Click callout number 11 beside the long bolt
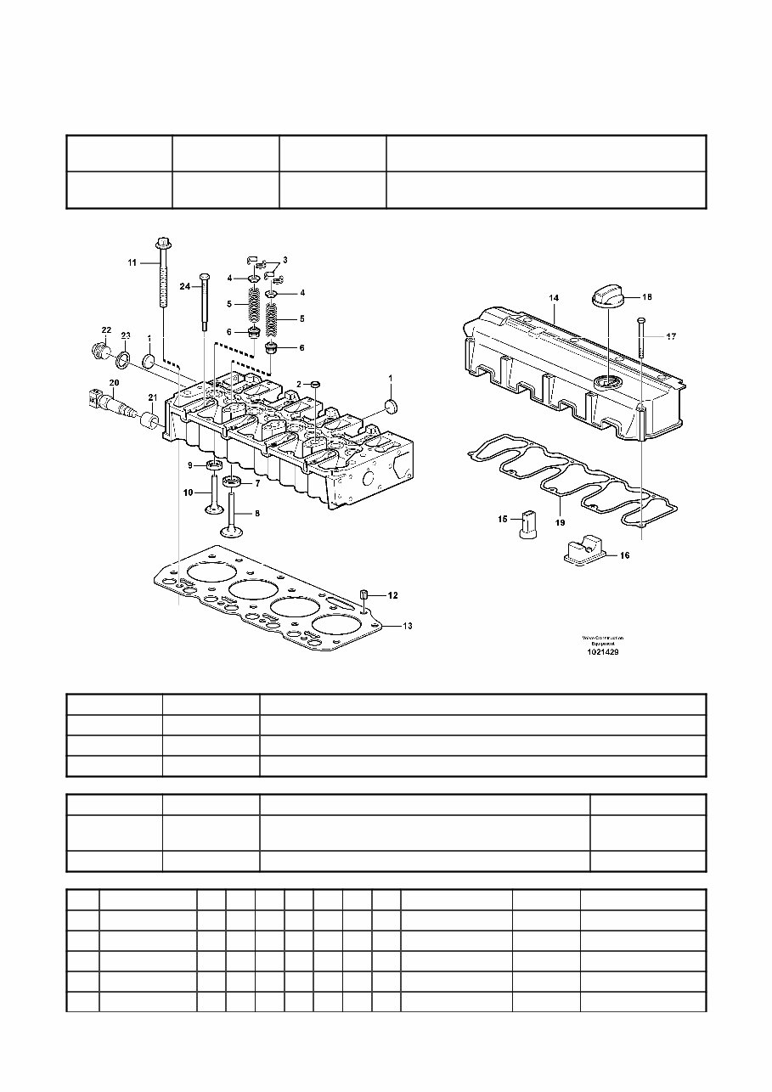coord(132,264)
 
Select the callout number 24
coord(185,287)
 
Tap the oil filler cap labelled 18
coord(609,300)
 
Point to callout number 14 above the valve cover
coord(553,299)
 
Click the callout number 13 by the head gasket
coord(408,626)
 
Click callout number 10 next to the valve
coord(189,492)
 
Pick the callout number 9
coord(192,464)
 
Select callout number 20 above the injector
coord(114,383)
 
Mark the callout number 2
coord(298,385)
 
